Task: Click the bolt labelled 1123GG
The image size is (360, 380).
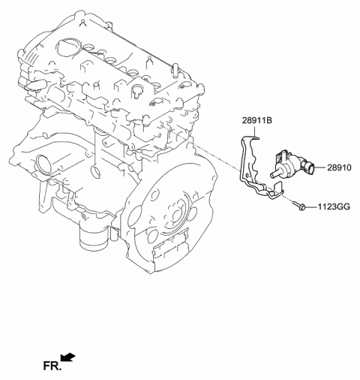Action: [x=301, y=204]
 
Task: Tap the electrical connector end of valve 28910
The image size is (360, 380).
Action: [x=280, y=155]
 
